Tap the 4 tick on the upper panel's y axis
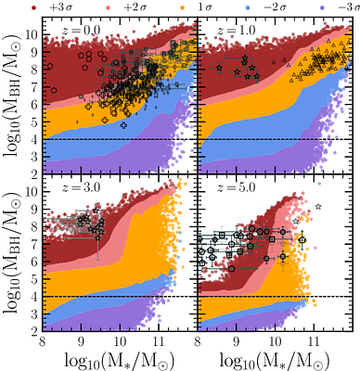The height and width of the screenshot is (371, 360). (35, 139)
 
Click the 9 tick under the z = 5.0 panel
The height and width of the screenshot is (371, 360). (238, 340)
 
